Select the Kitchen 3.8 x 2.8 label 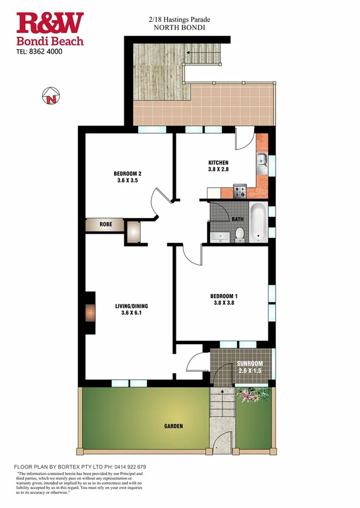click(218, 166)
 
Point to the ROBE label click(106, 225)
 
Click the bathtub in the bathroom click(258, 222)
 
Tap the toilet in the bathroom click(239, 234)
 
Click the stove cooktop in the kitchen click(240, 192)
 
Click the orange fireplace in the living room click(90, 313)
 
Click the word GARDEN click(173, 426)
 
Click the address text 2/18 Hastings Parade click(179, 20)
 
